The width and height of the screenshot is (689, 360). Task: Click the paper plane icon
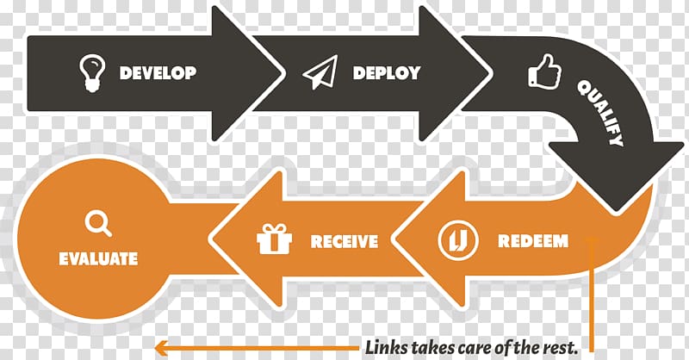click(320, 73)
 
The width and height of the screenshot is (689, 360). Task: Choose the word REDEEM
click(532, 240)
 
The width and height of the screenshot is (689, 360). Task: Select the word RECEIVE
click(344, 241)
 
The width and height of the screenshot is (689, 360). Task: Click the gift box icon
click(275, 239)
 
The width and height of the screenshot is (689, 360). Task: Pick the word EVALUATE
click(98, 258)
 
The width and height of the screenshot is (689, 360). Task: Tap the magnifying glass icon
click(97, 224)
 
